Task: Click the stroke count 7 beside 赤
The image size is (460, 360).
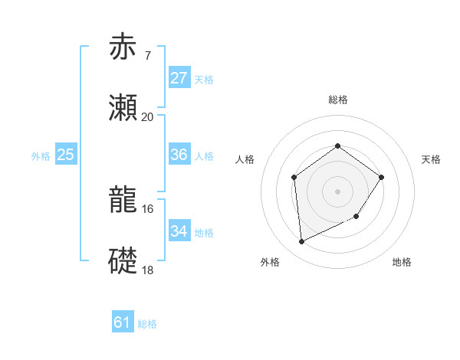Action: [147, 55]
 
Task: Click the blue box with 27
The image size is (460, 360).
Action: [179, 78]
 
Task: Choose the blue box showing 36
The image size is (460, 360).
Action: [179, 155]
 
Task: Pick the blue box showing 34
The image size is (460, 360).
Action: [179, 231]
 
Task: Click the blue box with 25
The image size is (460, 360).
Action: [65, 155]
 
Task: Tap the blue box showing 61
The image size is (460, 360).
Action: [122, 322]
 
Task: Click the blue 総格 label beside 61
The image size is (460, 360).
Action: [147, 324]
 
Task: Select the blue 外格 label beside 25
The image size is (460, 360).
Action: [41, 156]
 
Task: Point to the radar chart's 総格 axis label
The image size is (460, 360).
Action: [337, 100]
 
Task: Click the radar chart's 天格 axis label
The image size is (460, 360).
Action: [432, 159]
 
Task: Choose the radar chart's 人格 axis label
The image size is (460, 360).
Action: [245, 159]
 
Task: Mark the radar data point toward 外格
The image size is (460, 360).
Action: [301, 242]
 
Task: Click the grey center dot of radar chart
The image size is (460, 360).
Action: [337, 191]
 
